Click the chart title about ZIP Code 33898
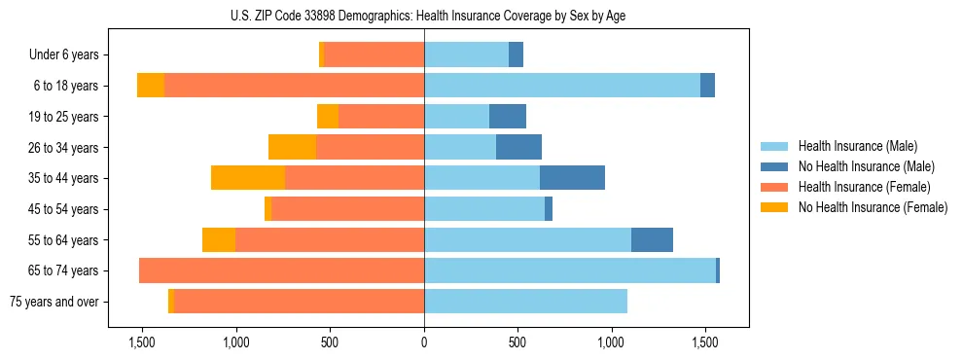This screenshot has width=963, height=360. [x=424, y=16]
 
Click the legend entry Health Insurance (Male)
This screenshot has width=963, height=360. [x=857, y=146]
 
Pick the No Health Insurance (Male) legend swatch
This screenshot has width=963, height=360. [x=774, y=166]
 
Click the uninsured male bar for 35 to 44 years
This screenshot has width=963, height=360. [x=572, y=178]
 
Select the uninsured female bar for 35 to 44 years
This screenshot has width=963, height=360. [x=248, y=178]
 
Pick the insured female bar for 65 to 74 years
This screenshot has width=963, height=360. [x=282, y=270]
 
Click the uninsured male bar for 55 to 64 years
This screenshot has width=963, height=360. [x=652, y=239]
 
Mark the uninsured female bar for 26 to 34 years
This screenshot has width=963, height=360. [x=292, y=147]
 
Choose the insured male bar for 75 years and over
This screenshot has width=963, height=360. [x=525, y=302]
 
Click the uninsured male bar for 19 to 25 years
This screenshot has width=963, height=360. [x=508, y=117]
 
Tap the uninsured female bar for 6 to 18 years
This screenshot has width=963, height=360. [x=151, y=86]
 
